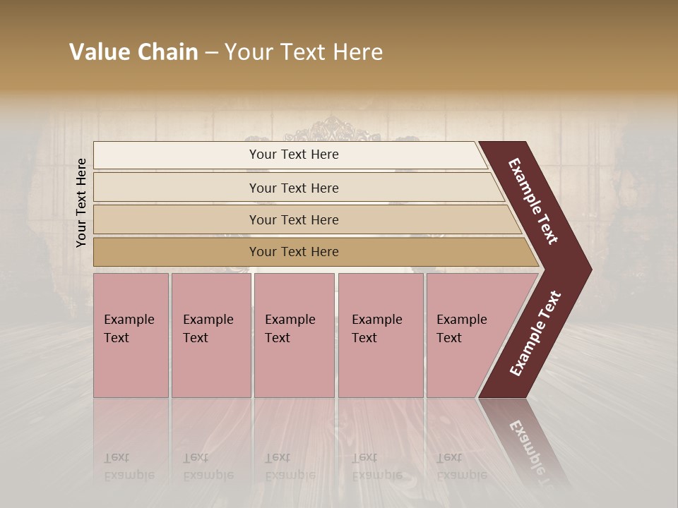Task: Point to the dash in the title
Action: click(x=211, y=53)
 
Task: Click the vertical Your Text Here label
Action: click(x=81, y=202)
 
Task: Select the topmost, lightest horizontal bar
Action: click(x=290, y=155)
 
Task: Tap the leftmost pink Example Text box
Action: click(x=131, y=335)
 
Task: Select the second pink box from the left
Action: click(x=210, y=335)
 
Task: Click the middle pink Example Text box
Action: click(x=294, y=335)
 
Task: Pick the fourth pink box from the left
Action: click(x=380, y=335)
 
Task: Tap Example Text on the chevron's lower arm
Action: click(x=535, y=333)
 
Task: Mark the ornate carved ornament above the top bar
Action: click(x=331, y=131)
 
